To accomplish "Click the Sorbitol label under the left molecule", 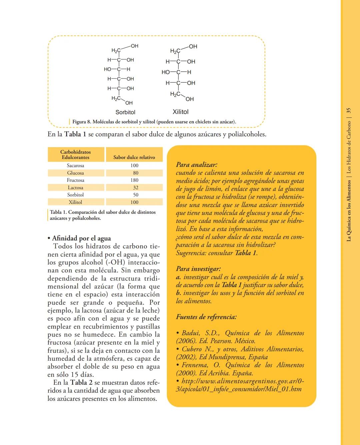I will pyautogui.click(x=125, y=112).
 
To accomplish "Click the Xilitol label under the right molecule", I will pyautogui.click(x=180, y=112).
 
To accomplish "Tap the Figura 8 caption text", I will pyautogui.click(x=154, y=122).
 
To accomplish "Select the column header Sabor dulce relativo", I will pyautogui.click(x=134, y=157).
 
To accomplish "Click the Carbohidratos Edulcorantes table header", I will pyautogui.click(x=75, y=155).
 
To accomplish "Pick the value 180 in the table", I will pyautogui.click(x=134, y=180).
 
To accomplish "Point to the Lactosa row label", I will pyautogui.click(x=75, y=187).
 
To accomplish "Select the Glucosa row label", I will pyautogui.click(x=75, y=173).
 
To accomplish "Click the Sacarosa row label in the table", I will pyautogui.click(x=75, y=165).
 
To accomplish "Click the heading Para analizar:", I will pyautogui.click(x=196, y=165).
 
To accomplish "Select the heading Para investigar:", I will pyautogui.click(x=198, y=269).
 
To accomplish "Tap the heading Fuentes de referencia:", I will pyautogui.click(x=206, y=317).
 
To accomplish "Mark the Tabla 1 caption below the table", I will pyautogui.click(x=102, y=215).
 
